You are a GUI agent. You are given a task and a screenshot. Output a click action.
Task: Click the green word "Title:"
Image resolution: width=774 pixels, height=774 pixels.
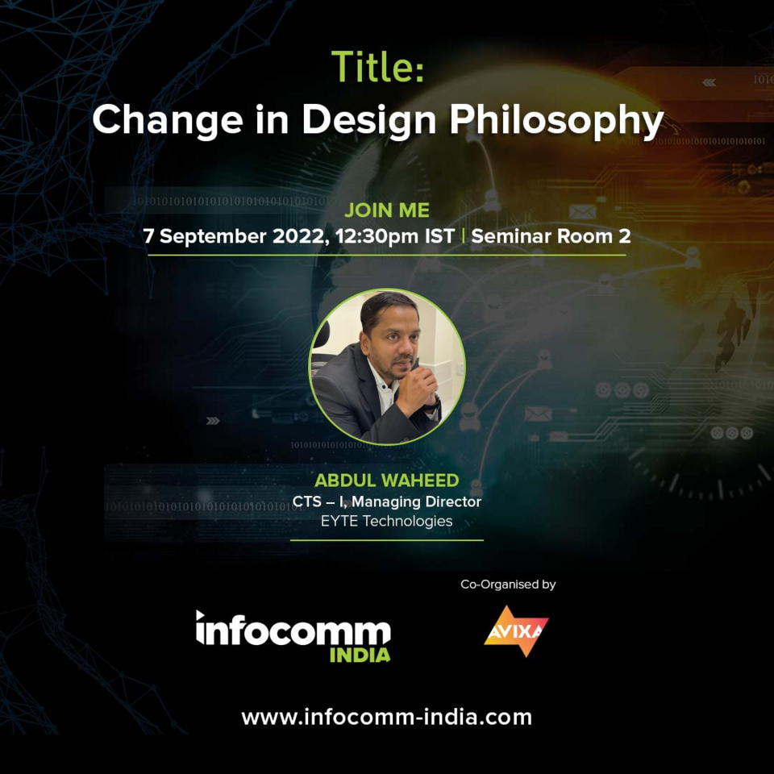[377, 66]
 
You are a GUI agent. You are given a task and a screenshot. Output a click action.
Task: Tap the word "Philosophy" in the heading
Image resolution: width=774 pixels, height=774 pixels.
[556, 119]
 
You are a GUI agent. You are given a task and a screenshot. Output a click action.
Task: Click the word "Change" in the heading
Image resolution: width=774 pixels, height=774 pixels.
[167, 119]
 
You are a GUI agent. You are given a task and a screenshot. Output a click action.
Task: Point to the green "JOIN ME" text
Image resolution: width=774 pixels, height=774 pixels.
[387, 211]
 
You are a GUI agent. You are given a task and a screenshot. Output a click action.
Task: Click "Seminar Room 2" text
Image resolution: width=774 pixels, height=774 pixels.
[551, 237]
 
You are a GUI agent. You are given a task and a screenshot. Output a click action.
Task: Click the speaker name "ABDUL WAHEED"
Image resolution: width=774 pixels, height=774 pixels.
[387, 481]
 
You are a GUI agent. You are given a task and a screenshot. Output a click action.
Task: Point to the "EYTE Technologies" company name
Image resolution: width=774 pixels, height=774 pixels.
[387, 521]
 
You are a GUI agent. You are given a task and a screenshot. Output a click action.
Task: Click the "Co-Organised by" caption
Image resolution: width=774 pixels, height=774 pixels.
[508, 585]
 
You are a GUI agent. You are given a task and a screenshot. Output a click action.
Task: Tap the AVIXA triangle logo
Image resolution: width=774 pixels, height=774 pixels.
[516, 630]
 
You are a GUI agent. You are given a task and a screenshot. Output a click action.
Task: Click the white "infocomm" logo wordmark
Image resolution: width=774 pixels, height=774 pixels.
[293, 628]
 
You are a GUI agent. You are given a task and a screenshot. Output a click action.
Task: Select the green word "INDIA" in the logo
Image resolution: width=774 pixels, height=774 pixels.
[360, 653]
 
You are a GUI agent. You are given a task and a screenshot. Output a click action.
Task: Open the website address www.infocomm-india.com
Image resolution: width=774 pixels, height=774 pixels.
[387, 717]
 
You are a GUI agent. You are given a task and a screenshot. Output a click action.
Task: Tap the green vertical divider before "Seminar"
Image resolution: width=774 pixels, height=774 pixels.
[463, 237]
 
